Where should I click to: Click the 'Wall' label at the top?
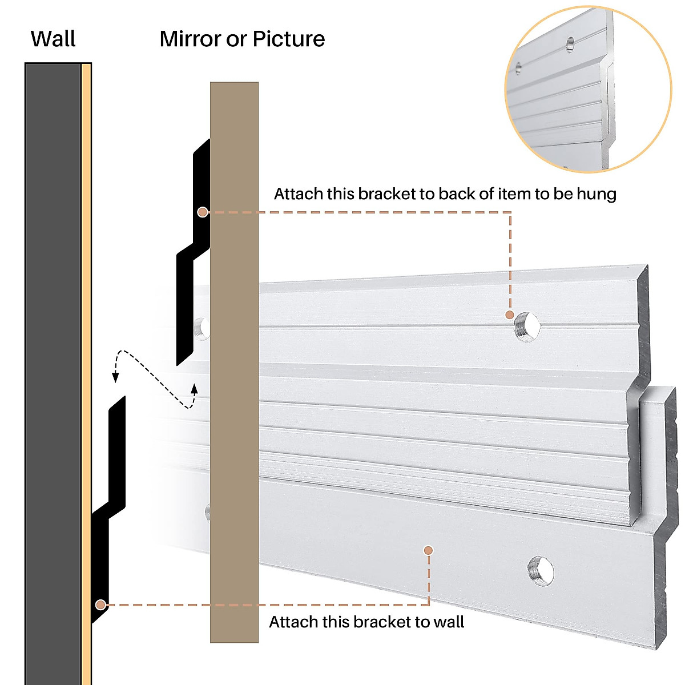pyautogui.click(x=53, y=39)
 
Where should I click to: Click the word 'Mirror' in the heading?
pyautogui.click(x=190, y=39)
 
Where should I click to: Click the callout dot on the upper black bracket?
pyautogui.click(x=202, y=212)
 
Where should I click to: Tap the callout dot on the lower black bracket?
pyautogui.click(x=100, y=604)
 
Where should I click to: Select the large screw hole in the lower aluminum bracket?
pyautogui.click(x=540, y=570)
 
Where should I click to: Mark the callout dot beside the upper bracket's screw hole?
pyautogui.click(x=510, y=315)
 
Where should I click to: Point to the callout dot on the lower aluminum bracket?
pyautogui.click(x=428, y=550)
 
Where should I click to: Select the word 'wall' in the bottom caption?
pyautogui.click(x=448, y=622)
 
